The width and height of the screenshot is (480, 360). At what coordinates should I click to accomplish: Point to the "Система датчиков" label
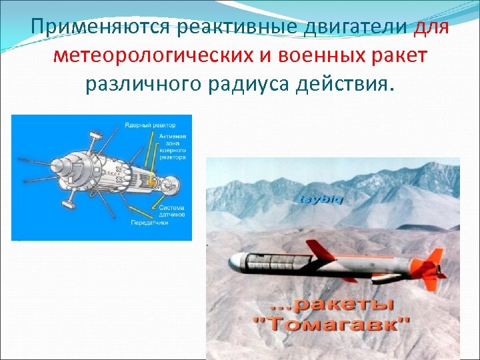tap(172, 212)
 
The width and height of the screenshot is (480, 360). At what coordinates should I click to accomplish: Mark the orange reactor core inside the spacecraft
tap(153, 181)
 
